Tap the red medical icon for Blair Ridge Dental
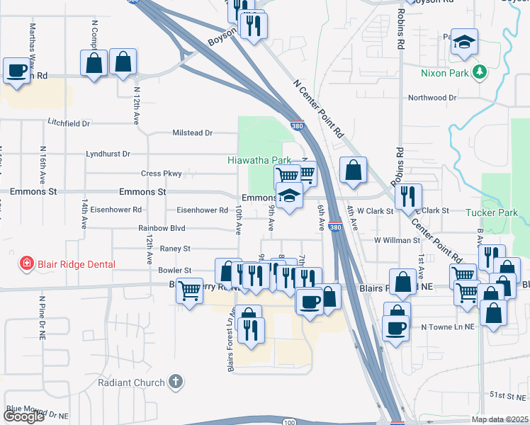(x=27, y=264)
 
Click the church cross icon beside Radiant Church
(x=176, y=382)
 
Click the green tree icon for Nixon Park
(x=480, y=72)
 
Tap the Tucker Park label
(x=492, y=212)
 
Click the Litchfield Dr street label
(x=69, y=123)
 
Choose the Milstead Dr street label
(x=193, y=132)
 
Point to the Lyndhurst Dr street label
(x=108, y=153)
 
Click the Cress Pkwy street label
(x=162, y=174)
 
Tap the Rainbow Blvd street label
(x=162, y=228)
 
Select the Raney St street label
(x=176, y=249)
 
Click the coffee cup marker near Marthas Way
(x=16, y=70)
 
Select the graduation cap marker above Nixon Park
(x=464, y=41)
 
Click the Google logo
(x=24, y=416)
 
